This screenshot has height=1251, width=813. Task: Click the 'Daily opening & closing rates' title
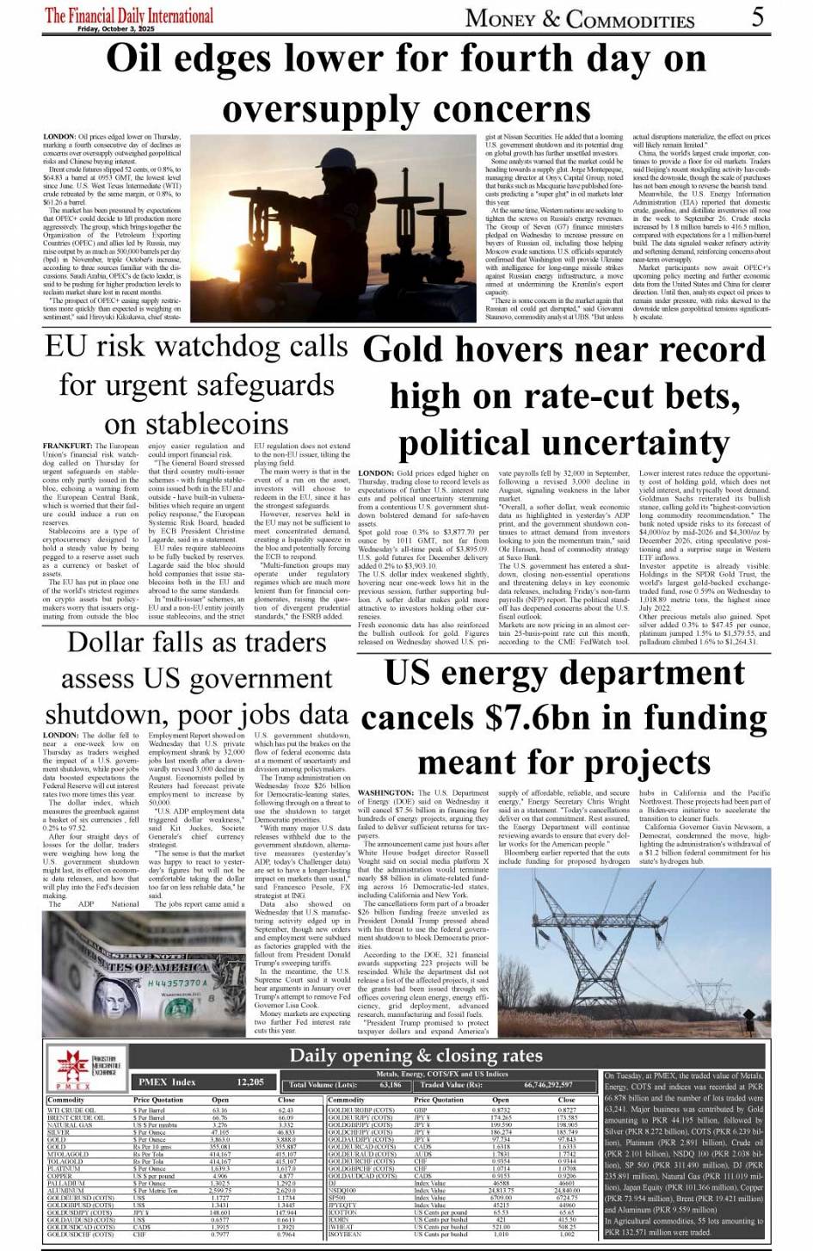tap(416, 1056)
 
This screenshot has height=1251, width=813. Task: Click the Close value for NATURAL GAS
tap(286, 1125)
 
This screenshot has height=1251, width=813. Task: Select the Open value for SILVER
tap(220, 1132)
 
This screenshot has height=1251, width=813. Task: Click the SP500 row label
tap(336, 1197)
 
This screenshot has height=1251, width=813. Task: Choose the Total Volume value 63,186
tap(390, 1086)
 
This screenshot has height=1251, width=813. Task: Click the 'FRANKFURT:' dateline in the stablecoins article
tap(66, 447)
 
